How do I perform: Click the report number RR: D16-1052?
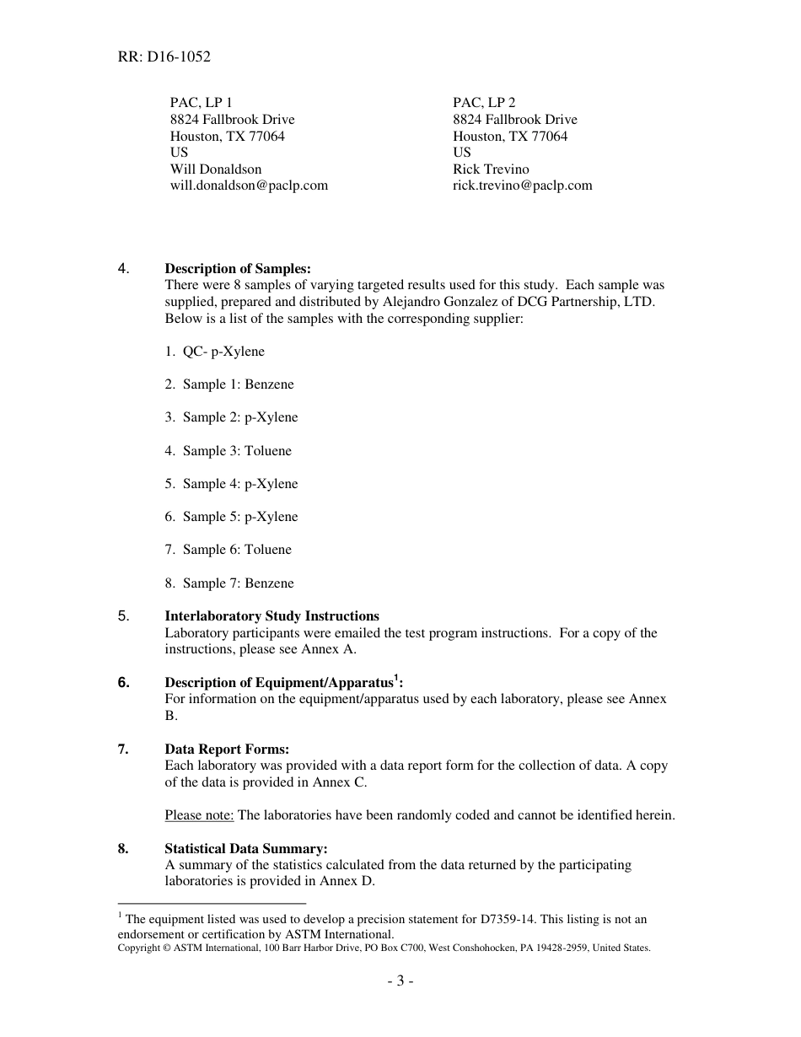[164, 57]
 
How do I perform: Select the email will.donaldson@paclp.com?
[249, 185]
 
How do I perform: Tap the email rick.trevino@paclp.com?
[522, 185]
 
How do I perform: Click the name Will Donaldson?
[216, 169]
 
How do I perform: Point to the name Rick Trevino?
[491, 169]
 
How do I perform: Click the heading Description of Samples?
[237, 269]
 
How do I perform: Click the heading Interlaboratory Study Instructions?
[271, 616]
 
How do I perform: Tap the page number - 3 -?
[400, 981]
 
